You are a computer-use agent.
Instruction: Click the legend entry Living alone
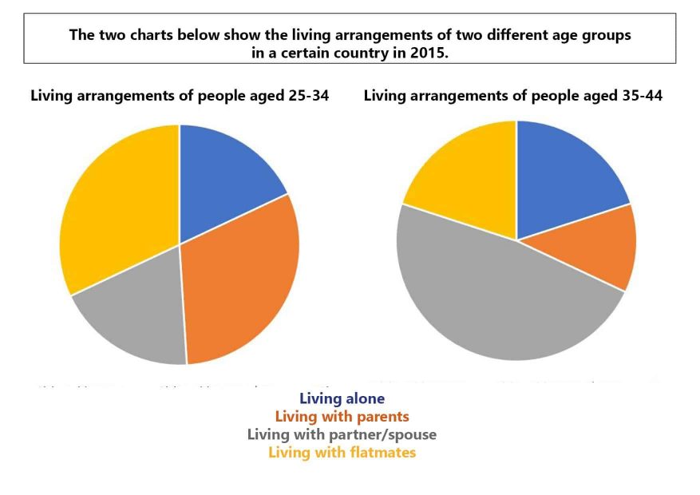342,398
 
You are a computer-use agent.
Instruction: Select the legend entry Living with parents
342,416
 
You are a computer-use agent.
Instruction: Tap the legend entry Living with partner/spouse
342,434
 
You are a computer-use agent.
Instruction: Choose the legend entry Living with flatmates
342,453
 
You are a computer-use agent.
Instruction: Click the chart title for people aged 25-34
180,96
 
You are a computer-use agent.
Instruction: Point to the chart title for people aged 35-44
512,96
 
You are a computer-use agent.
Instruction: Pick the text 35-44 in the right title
641,96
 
